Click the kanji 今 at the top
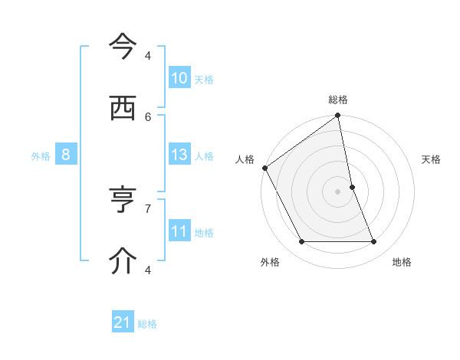click(123, 47)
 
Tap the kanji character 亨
click(123, 200)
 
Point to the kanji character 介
click(123, 260)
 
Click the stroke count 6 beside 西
click(148, 116)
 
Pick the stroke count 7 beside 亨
click(148, 208)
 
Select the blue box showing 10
click(179, 78)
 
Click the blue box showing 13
click(179, 155)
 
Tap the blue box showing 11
click(179, 231)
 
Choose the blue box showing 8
click(66, 155)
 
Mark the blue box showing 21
click(123, 322)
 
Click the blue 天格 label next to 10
click(204, 79)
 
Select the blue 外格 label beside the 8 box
click(41, 155)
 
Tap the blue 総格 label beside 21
click(147, 323)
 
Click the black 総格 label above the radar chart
click(338, 100)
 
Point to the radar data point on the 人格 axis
click(264, 168)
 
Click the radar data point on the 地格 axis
click(374, 242)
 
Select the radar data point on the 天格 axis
click(352, 187)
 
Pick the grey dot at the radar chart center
click(338, 191)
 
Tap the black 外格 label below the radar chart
click(270, 262)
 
